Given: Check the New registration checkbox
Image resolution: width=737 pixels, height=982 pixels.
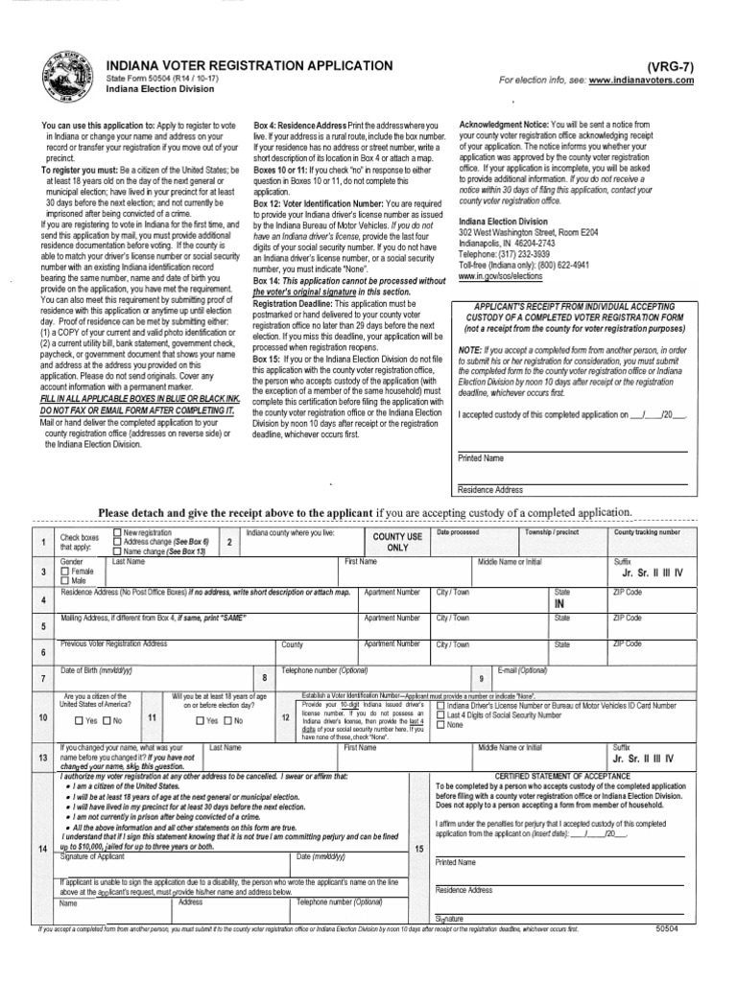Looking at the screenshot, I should tap(117, 532).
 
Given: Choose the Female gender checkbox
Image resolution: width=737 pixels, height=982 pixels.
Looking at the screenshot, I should tap(65, 571).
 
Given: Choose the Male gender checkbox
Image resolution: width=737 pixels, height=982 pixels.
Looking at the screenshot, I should tap(65, 581).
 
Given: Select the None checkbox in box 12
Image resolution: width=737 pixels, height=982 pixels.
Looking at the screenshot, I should tap(440, 725).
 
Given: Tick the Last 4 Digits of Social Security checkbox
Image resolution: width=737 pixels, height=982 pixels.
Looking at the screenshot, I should tap(440, 714).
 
